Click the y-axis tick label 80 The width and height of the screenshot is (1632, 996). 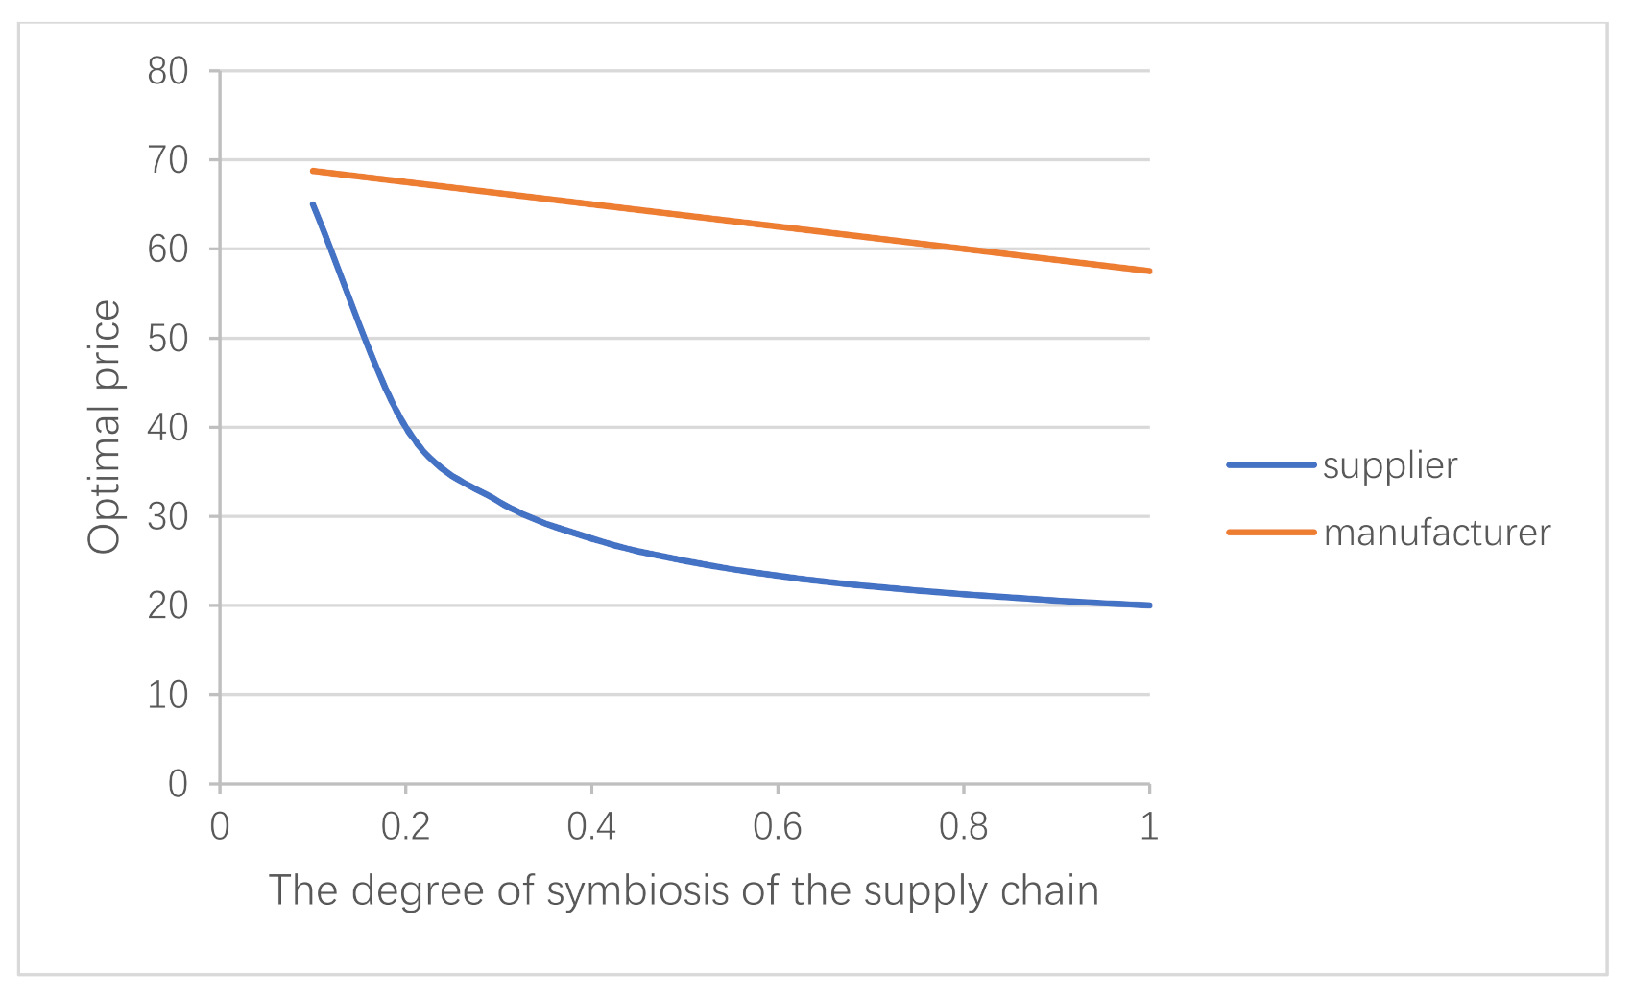tap(168, 71)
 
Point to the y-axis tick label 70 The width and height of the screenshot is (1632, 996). tap(168, 160)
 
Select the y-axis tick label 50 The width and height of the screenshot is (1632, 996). tap(168, 339)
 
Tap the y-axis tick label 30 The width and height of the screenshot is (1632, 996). tap(168, 517)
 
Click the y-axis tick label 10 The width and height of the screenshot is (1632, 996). tap(168, 696)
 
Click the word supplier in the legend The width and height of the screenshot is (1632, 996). tap(1390, 466)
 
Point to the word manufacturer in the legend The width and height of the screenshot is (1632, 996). tap(1437, 534)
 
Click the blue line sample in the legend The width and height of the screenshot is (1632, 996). tap(1271, 465)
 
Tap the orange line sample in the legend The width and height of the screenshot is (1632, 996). tap(1271, 533)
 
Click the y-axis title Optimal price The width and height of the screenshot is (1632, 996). tap(105, 427)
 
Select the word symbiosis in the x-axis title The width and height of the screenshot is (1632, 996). tap(637, 891)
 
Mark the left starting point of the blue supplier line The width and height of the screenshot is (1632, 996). tap(313, 204)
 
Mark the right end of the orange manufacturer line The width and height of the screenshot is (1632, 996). tap(1149, 271)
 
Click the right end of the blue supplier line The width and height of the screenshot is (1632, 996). tap(1149, 605)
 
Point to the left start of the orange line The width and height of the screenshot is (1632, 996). tap(313, 171)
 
